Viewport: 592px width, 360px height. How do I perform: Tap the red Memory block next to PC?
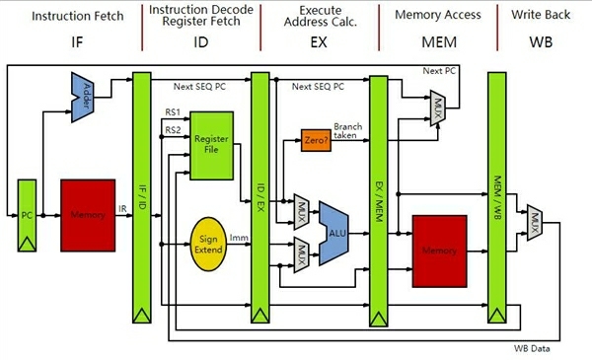coord(89,213)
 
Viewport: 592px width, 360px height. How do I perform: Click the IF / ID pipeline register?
coord(142,197)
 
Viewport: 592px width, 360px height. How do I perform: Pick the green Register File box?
coord(211,145)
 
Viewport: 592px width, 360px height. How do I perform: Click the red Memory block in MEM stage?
coord(439,252)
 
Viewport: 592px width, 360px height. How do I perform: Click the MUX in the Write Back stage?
coord(534,217)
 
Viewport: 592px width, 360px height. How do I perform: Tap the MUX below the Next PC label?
coord(437,106)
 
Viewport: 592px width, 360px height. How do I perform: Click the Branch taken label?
coord(347,132)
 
